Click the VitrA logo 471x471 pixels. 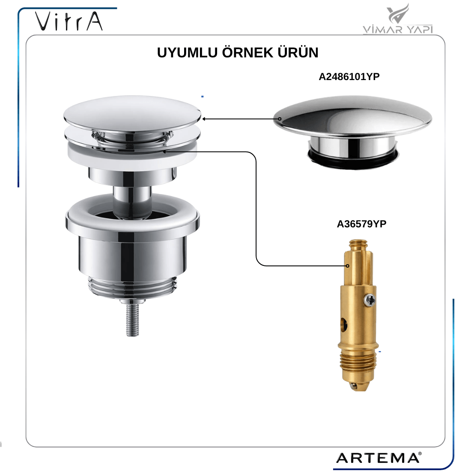[x=69, y=21]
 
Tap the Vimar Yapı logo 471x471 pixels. [x=398, y=18]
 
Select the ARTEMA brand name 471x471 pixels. [x=379, y=458]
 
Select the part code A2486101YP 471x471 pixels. [x=349, y=77]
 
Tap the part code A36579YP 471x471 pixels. [x=361, y=224]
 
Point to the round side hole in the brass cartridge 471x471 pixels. [x=344, y=325]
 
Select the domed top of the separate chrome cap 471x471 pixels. [x=352, y=116]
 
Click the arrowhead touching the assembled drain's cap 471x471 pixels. [x=204, y=119]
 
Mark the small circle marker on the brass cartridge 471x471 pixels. [x=348, y=266]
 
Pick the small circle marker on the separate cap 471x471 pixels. [x=280, y=119]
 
